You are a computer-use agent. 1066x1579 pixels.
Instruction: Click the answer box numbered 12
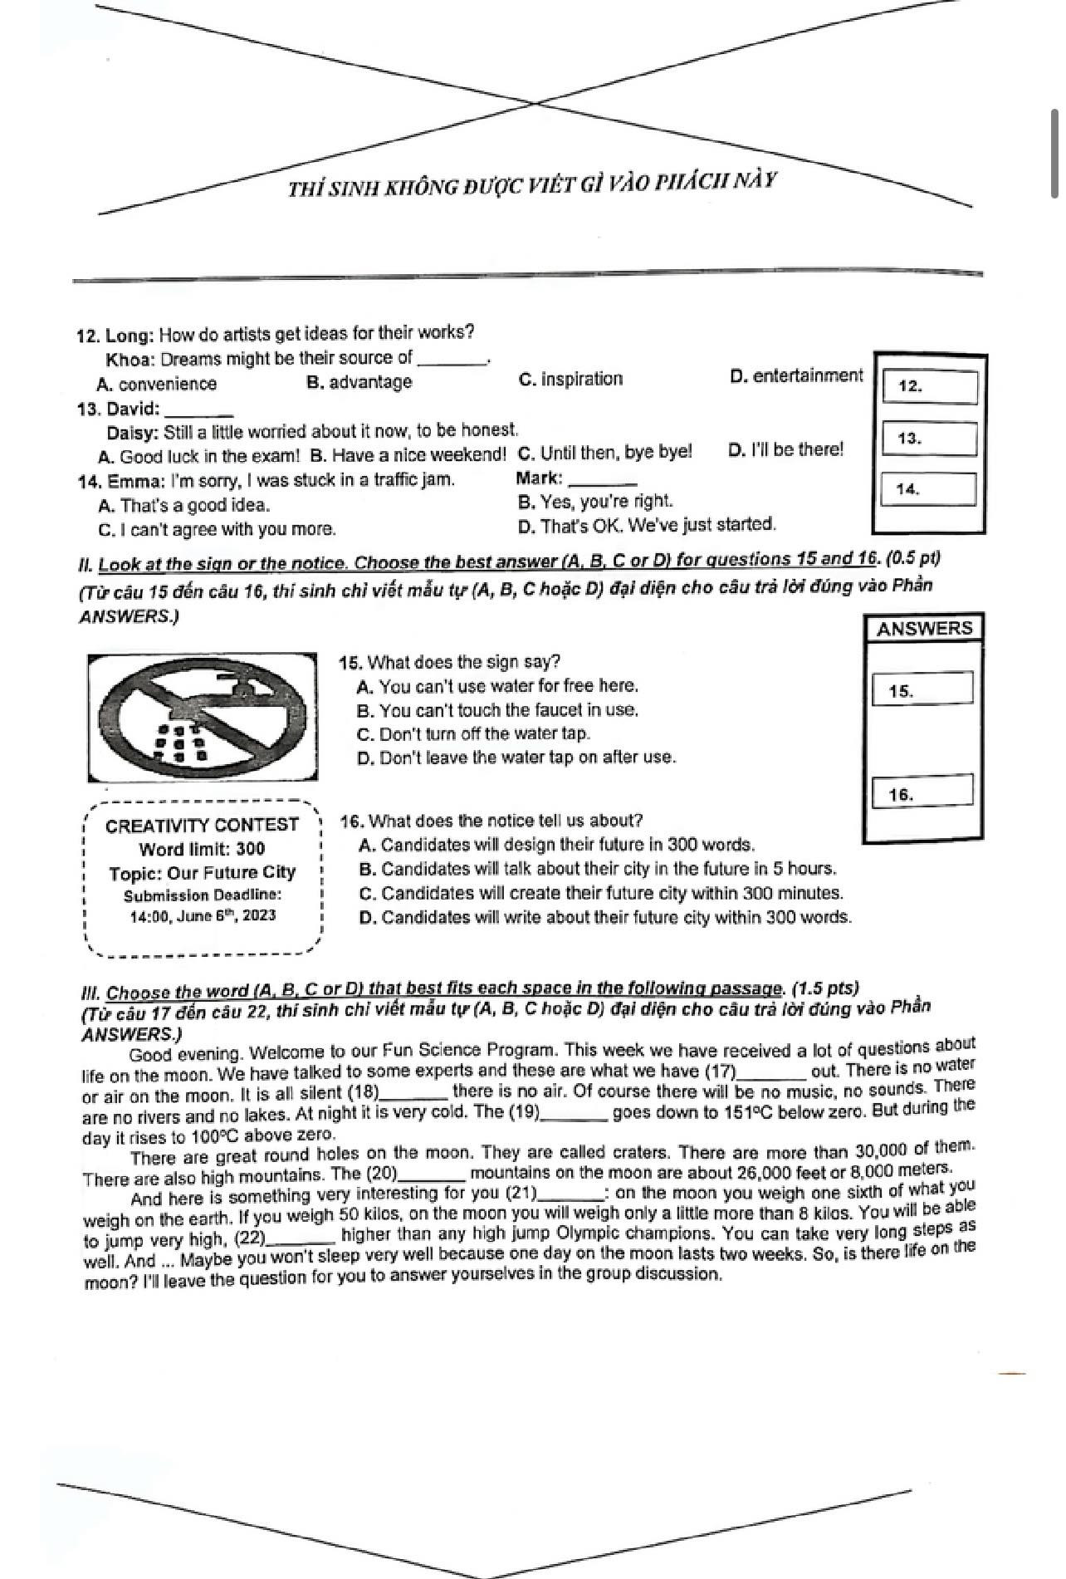point(929,387)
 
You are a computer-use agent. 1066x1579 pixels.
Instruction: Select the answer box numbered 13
point(929,439)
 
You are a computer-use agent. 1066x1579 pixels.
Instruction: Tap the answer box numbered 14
point(927,489)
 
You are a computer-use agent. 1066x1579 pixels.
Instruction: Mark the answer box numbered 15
point(922,689)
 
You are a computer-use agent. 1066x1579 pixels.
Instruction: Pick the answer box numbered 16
point(922,792)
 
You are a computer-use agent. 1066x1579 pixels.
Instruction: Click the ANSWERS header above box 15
point(923,629)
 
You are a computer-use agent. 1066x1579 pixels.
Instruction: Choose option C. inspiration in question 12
point(570,380)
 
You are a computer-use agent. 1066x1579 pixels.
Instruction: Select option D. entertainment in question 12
point(796,376)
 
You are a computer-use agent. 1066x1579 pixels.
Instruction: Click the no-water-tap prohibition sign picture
point(203,718)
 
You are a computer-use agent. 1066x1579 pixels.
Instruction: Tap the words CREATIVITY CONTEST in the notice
point(202,825)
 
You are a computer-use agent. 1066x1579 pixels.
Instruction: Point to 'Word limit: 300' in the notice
point(202,849)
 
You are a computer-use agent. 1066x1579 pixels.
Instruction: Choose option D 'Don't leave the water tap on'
point(516,758)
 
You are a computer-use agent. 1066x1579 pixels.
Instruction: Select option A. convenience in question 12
point(157,384)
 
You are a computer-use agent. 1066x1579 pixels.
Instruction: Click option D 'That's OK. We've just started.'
point(647,526)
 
